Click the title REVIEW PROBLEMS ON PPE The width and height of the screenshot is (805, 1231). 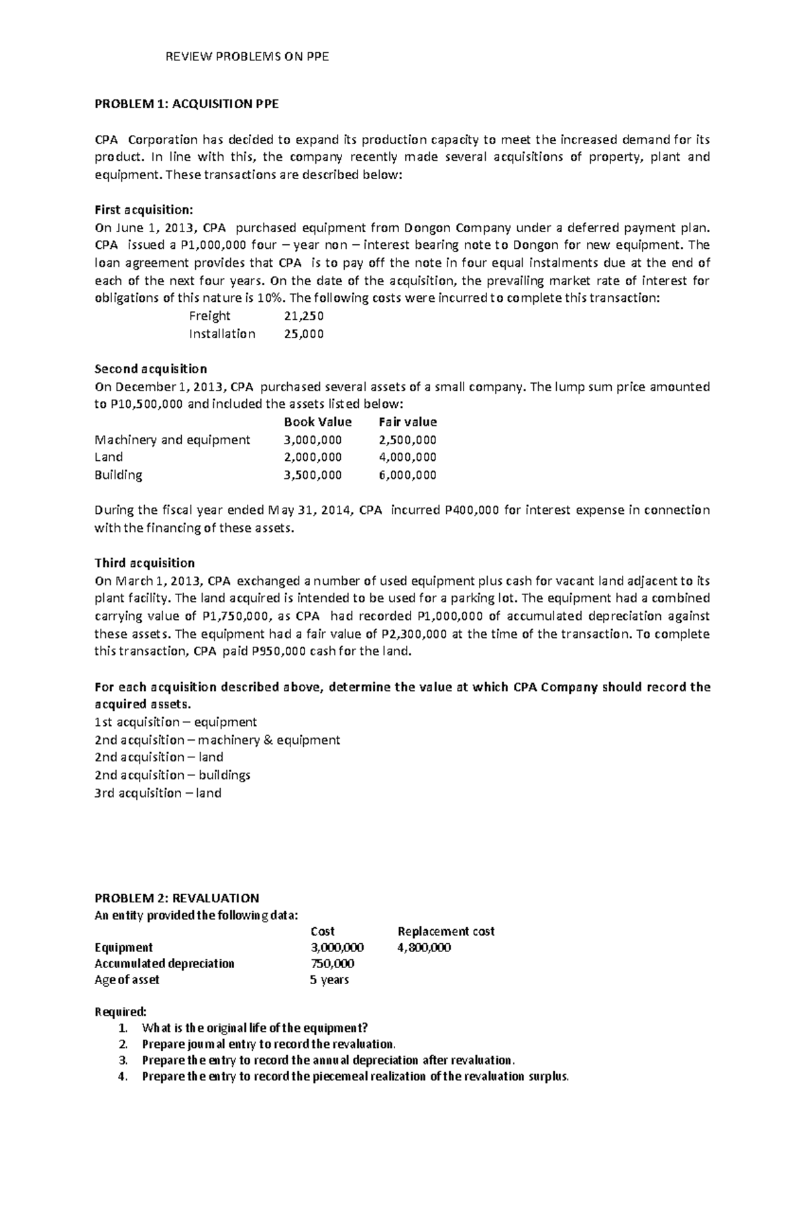tap(248, 57)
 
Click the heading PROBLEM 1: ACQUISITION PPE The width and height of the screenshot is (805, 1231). tap(186, 104)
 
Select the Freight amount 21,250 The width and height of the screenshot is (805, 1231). tap(304, 316)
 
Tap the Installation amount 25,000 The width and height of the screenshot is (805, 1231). tap(304, 334)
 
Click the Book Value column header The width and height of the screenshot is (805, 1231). tap(317, 422)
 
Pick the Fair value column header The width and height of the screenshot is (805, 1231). tap(407, 422)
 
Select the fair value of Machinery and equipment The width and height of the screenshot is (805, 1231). tap(407, 440)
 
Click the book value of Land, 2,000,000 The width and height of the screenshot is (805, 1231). tap(313, 458)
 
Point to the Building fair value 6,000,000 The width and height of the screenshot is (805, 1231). tap(407, 475)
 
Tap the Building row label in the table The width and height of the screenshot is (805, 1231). tap(119, 475)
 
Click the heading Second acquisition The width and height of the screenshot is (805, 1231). tap(151, 369)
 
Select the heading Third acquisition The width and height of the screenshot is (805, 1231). tap(145, 563)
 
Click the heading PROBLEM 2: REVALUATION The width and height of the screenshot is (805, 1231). tap(177, 898)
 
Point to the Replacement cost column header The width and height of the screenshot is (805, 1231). tap(446, 931)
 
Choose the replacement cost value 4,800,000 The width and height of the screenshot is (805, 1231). tap(424, 948)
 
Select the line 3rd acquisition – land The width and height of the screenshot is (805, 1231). tap(158, 793)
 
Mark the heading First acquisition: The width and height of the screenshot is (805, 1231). tap(144, 210)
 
